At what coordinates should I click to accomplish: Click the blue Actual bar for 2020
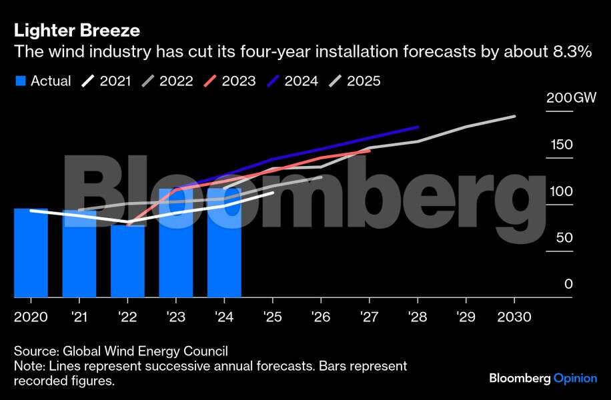(31, 253)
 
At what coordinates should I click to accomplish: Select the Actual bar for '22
(127, 261)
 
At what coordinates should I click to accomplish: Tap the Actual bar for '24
(224, 243)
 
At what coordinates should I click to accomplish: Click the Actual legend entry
(43, 81)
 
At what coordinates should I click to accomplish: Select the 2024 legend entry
(291, 81)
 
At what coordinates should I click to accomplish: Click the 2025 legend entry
(355, 81)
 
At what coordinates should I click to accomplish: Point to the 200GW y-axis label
(571, 98)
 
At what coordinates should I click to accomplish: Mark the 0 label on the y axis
(568, 285)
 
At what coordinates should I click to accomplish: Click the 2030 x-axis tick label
(514, 317)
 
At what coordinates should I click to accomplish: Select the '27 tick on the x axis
(369, 317)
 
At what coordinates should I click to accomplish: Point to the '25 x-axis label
(272, 317)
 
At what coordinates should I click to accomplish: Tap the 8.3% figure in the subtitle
(573, 53)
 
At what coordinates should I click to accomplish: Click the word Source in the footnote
(33, 351)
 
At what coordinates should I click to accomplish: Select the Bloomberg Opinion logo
(543, 379)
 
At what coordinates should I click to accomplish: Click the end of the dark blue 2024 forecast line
(418, 127)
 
